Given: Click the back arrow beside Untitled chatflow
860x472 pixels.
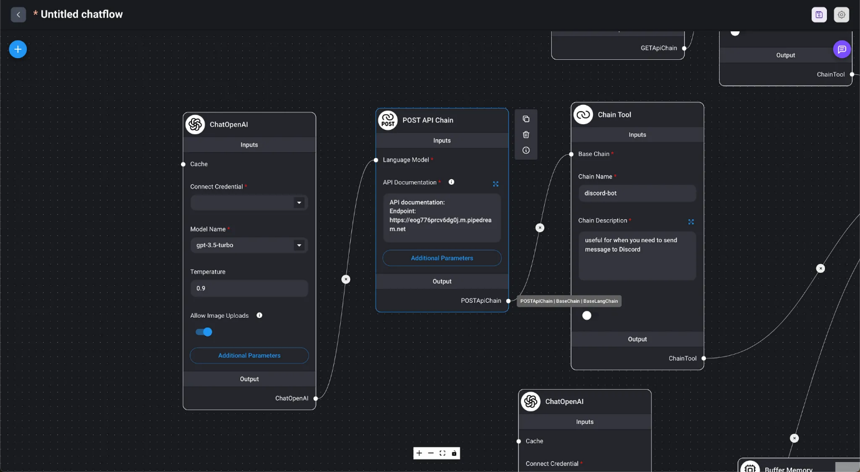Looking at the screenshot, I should click(18, 14).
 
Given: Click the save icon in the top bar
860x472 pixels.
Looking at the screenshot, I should click(819, 15).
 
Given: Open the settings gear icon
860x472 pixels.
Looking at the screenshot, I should click(841, 15).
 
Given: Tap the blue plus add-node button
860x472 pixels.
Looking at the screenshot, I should click(18, 49).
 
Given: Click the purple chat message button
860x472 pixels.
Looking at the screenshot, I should click(841, 49).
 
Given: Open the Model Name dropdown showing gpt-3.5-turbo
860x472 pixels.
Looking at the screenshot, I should click(249, 245).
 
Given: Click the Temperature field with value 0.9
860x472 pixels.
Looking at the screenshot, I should click(249, 288).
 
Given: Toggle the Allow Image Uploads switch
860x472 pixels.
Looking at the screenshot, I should click(204, 332).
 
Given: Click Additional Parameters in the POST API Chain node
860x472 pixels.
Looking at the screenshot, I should click(442, 258).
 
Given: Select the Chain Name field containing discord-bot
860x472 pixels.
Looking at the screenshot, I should click(637, 194).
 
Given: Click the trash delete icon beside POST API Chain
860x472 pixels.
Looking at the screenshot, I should click(526, 134).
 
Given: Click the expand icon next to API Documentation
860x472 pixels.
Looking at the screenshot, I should click(496, 184).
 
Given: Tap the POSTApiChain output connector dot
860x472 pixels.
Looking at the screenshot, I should click(508, 301).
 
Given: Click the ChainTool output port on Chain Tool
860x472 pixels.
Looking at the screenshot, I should click(703, 358).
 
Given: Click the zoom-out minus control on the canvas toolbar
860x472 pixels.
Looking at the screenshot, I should click(431, 453).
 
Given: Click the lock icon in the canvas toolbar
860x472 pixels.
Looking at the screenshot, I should click(454, 453).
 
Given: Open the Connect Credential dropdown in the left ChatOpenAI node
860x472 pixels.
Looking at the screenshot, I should click(249, 203).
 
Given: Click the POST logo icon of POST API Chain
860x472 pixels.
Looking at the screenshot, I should click(388, 120).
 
